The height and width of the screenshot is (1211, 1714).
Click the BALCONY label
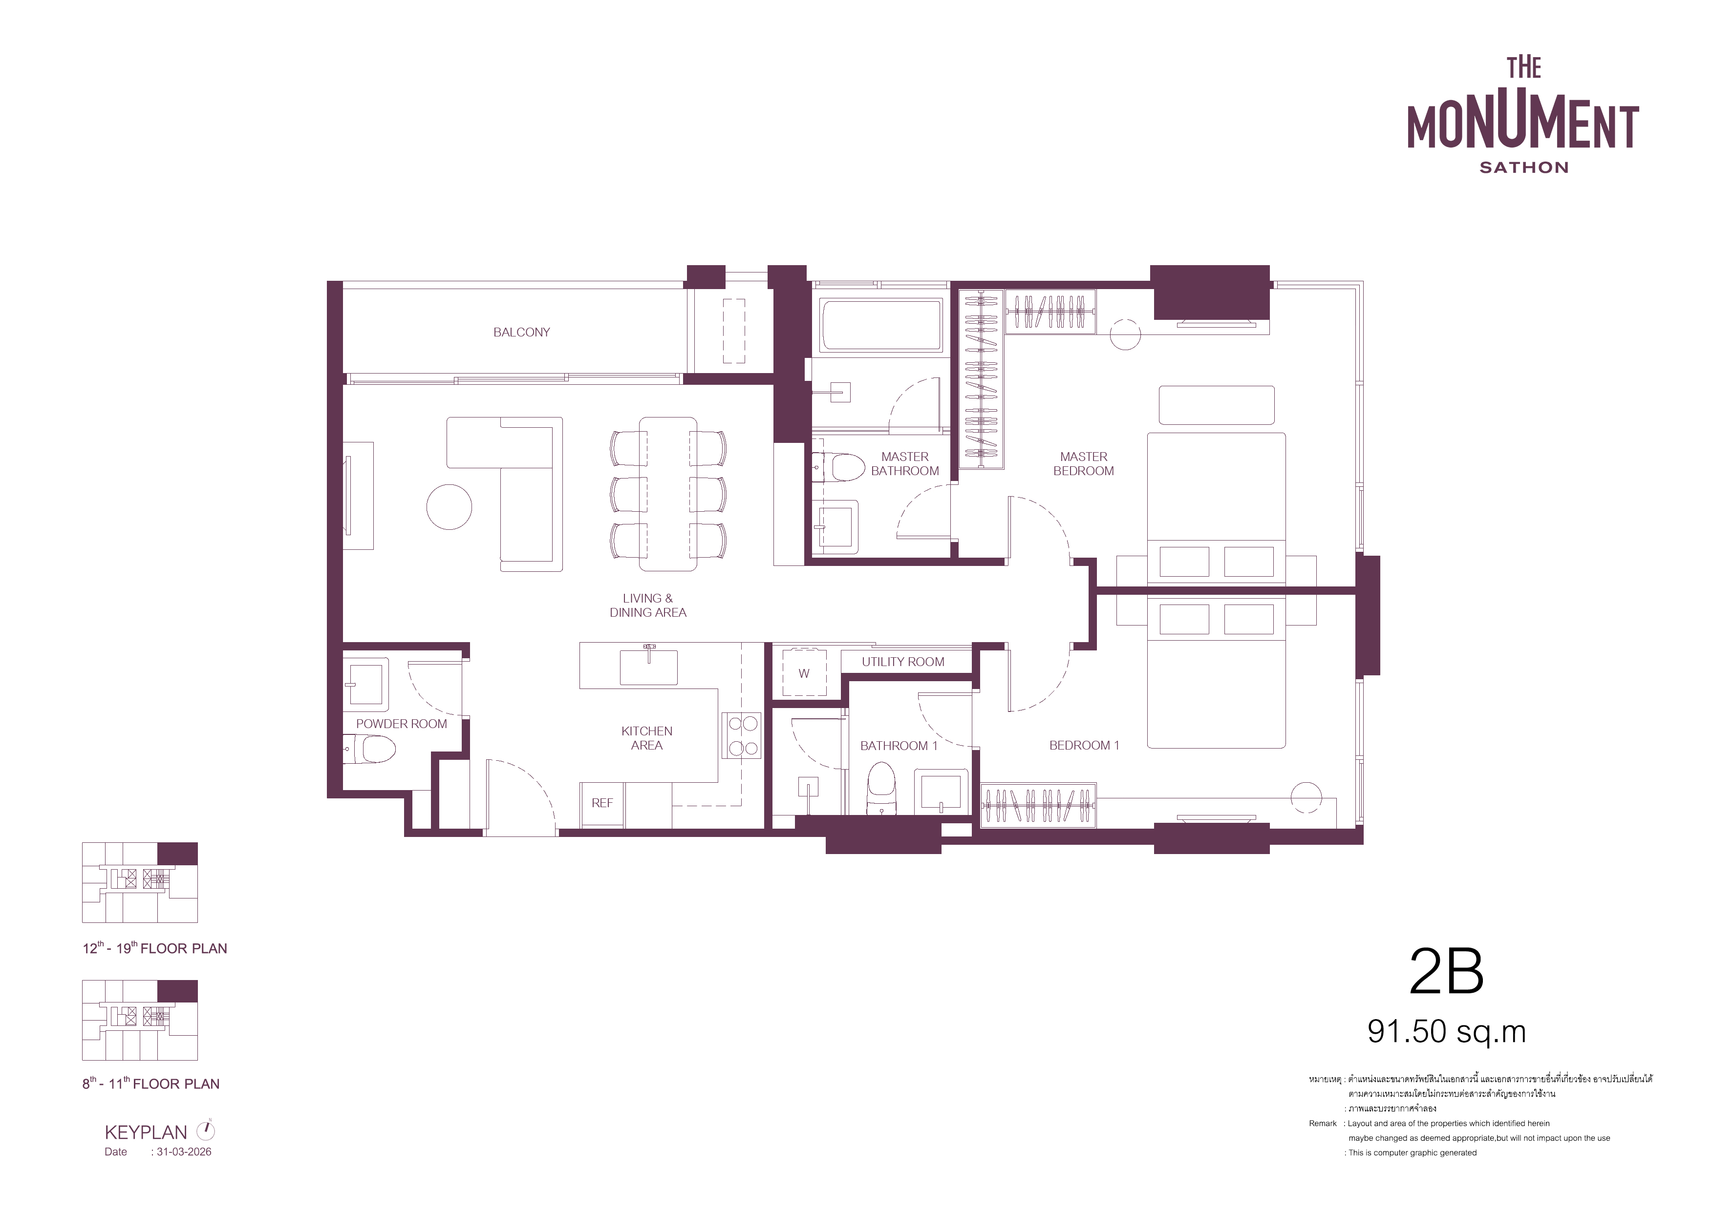(521, 332)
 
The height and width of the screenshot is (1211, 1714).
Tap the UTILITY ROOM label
(902, 662)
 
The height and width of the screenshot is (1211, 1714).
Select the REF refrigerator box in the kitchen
(601, 804)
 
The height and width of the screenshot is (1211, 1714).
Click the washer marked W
(804, 672)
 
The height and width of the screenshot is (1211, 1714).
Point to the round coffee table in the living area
(450, 507)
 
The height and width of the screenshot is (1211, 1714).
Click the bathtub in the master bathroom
(881, 325)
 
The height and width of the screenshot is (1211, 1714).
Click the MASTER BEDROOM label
(1083, 463)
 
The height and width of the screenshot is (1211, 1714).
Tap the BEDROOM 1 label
(1084, 746)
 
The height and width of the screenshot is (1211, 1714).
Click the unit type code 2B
(1446, 972)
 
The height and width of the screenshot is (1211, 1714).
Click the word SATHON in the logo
(1523, 168)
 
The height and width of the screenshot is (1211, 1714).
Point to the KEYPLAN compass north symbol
(205, 1130)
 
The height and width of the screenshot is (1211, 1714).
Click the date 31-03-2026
(184, 1152)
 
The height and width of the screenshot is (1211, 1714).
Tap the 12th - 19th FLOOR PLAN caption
(154, 948)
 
